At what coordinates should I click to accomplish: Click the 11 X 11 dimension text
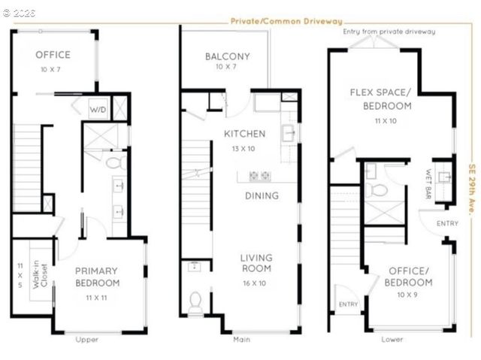pos(97,298)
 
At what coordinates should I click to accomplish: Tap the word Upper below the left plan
pos(86,340)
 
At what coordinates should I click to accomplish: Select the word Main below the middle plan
pos(241,340)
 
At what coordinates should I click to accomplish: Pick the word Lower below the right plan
pos(391,340)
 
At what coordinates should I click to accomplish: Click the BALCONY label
pos(227,56)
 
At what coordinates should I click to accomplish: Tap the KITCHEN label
pos(244,134)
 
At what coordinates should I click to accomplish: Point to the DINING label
pos(262,195)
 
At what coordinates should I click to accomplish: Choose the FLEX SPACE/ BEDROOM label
pos(381,99)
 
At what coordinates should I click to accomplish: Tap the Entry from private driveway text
pos(389,32)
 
